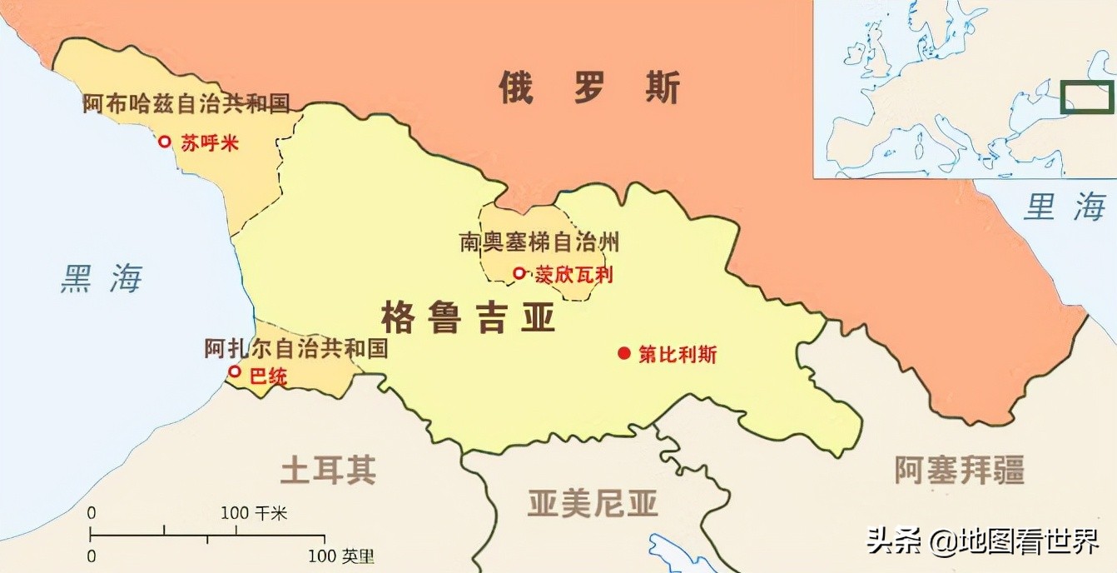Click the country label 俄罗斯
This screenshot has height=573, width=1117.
click(x=589, y=87)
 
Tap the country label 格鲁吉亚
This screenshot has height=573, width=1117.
click(x=468, y=316)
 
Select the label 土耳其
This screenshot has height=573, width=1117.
click(x=328, y=471)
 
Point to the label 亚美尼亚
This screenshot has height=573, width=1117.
click(x=593, y=503)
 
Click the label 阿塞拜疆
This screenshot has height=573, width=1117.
click(x=959, y=471)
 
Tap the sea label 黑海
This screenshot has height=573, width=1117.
click(x=102, y=279)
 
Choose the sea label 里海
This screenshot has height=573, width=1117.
click(x=1065, y=207)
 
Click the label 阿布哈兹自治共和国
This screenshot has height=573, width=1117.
click(x=186, y=104)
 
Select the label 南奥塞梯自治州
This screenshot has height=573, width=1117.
click(x=539, y=242)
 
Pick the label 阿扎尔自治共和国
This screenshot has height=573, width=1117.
click(x=296, y=348)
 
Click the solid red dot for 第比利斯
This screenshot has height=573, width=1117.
click(x=624, y=353)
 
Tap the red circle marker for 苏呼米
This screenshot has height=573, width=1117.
click(x=165, y=142)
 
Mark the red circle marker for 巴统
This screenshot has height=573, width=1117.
click(x=235, y=371)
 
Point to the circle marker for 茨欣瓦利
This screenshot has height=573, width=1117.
click(x=519, y=272)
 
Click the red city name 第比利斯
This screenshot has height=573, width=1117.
click(x=678, y=354)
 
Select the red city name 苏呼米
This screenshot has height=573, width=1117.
click(x=210, y=143)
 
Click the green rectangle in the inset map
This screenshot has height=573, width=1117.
click(x=1087, y=97)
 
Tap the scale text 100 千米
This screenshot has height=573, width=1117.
click(x=254, y=513)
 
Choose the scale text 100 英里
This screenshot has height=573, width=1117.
click(x=341, y=556)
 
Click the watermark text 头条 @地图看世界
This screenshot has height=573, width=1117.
click(x=982, y=542)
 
